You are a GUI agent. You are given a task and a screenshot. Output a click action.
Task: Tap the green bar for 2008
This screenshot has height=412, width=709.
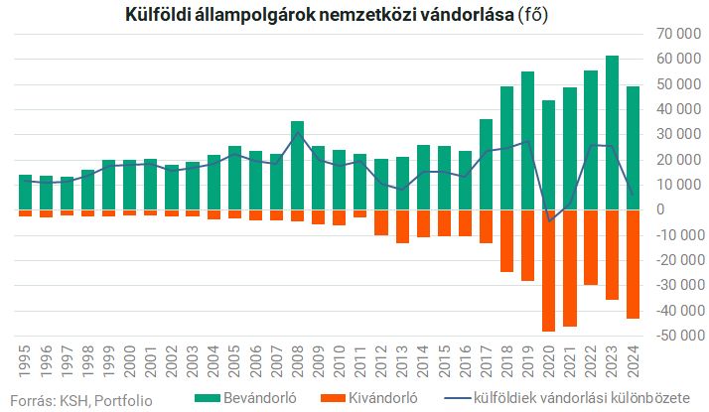point(297,165)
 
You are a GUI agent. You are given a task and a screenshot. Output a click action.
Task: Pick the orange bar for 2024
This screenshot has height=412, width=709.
point(633,263)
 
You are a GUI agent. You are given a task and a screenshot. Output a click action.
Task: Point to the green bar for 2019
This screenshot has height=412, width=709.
point(527,140)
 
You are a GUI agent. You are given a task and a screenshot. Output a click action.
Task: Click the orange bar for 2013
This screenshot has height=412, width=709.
point(402,225)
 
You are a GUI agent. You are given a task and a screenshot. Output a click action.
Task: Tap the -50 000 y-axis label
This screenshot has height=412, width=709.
point(674,336)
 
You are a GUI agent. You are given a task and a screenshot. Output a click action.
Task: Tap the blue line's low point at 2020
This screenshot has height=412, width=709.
point(548,220)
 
